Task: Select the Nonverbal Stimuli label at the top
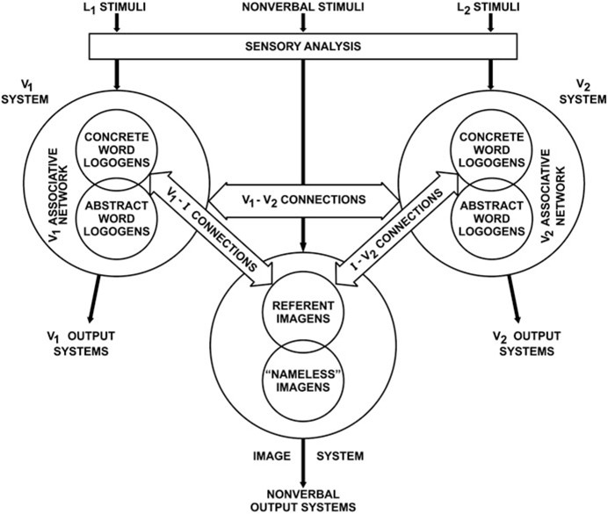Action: pyautogui.click(x=303, y=9)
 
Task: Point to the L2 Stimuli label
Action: pyautogui.click(x=488, y=9)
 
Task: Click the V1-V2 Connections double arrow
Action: pyautogui.click(x=303, y=199)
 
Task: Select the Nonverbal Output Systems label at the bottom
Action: pyautogui.click(x=303, y=500)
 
